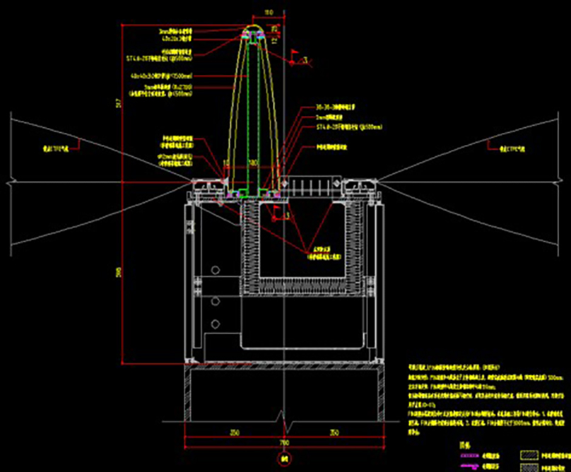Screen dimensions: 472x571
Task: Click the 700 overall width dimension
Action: coord(285,443)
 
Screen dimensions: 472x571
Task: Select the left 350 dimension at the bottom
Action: coord(234,431)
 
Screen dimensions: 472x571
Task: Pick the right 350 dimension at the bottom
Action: coord(335,431)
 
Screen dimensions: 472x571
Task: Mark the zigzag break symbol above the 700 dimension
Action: coord(285,424)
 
